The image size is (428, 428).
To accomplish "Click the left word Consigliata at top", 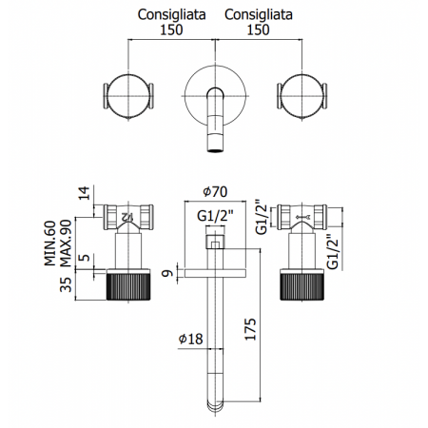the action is [x=171, y=15].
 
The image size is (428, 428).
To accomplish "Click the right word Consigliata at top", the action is [x=259, y=15].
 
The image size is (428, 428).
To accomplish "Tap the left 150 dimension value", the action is [x=171, y=30].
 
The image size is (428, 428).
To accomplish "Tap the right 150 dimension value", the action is [x=259, y=30].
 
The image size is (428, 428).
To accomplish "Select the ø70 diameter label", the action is [x=215, y=192].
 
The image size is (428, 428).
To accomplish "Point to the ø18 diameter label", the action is [x=190, y=339].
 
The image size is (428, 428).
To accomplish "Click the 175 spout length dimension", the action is [x=250, y=329].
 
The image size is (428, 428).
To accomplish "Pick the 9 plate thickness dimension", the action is [x=167, y=273].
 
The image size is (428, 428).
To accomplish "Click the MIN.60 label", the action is [x=49, y=243].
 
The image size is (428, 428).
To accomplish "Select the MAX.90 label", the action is [x=66, y=243].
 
